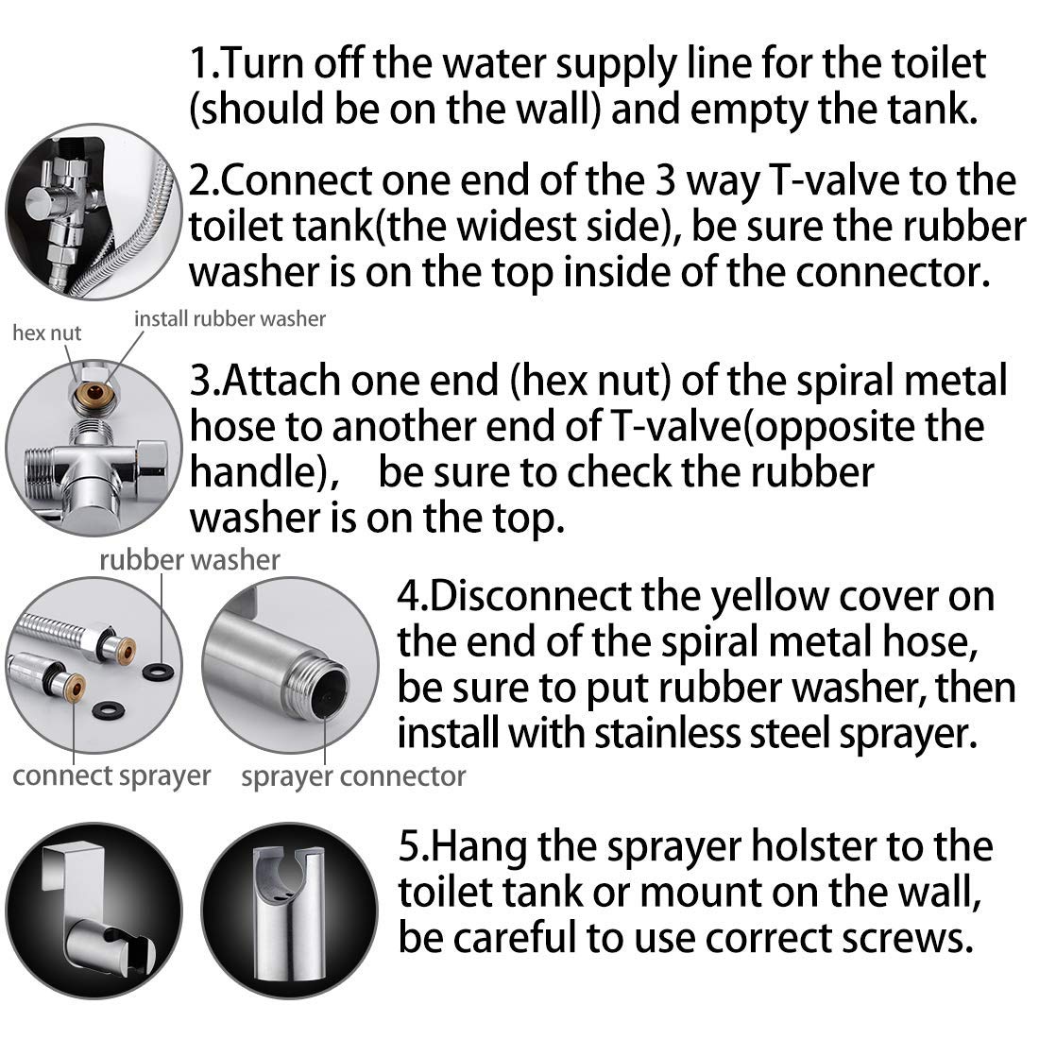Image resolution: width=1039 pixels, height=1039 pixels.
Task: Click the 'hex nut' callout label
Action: click(45, 332)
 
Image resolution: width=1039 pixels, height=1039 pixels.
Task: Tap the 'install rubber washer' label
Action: click(230, 318)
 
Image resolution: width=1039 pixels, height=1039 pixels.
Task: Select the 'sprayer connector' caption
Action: click(353, 777)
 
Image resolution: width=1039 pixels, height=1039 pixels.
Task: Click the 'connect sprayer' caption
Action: click(111, 776)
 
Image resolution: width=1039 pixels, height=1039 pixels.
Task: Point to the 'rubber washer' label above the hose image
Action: click(190, 560)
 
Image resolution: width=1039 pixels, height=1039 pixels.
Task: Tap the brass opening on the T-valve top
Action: click(92, 390)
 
